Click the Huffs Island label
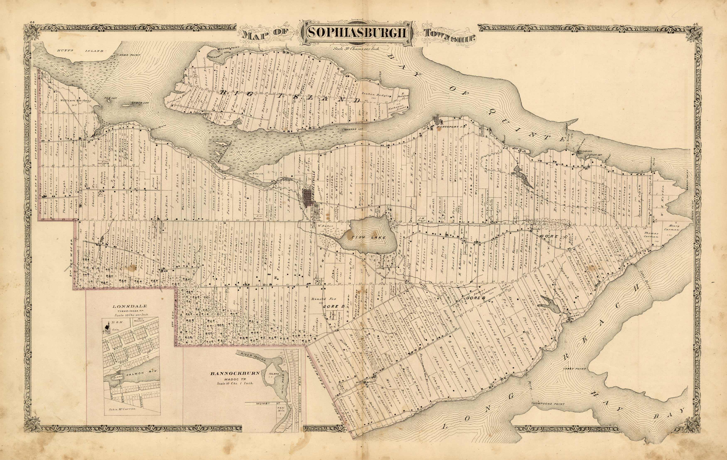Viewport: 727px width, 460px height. pyautogui.click(x=80, y=51)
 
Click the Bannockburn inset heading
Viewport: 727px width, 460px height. pyautogui.click(x=235, y=373)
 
